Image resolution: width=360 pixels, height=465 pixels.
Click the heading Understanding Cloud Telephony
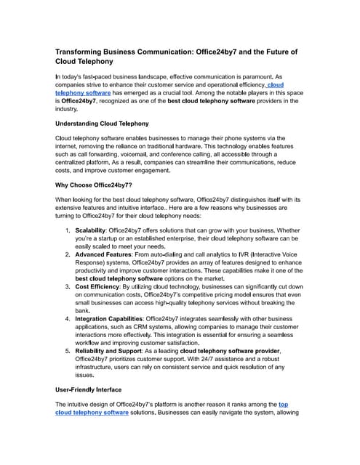tap(102, 124)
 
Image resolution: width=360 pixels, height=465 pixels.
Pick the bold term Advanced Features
tap(106, 255)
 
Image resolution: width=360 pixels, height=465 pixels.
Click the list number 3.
tap(68, 288)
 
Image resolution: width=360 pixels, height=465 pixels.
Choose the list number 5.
tap(68, 350)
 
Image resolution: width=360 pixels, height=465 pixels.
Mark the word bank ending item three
tap(83, 310)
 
